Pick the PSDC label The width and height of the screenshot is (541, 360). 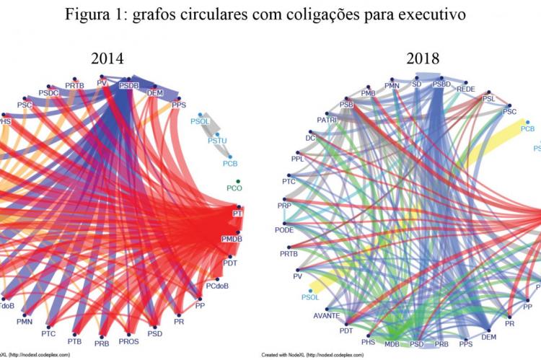50,92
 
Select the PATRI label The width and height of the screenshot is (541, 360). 327,120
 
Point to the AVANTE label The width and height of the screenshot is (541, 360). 326,316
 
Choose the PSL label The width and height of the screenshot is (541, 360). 488,98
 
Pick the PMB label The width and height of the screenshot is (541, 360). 369,93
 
